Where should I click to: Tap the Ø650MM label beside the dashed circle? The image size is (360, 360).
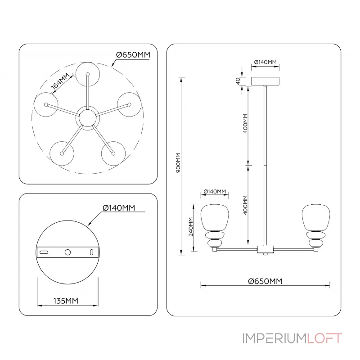point(133,54)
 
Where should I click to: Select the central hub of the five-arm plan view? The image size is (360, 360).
point(87,118)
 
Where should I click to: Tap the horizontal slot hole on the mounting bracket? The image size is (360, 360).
point(44,253)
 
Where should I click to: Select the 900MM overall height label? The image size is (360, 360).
point(178,163)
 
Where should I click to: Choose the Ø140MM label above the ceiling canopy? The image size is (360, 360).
point(265,62)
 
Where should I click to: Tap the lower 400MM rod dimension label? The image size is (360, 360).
point(245,205)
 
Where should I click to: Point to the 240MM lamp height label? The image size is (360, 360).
point(191,227)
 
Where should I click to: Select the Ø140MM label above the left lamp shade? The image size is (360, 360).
point(215,192)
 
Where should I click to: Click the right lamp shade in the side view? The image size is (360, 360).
point(315,217)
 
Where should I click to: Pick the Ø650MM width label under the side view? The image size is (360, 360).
point(265,281)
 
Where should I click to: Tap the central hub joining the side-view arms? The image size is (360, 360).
point(265,249)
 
